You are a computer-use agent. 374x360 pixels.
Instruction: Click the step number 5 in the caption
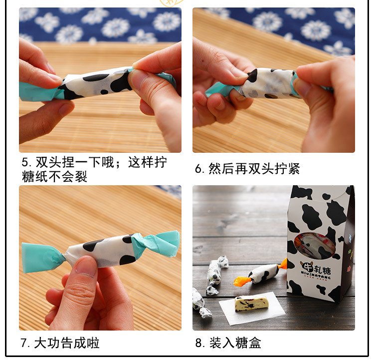tap(25, 162)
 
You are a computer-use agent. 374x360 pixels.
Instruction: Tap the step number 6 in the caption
tap(198, 169)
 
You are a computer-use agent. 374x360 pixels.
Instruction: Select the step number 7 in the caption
tap(24, 343)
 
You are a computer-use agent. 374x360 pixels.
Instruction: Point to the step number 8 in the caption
tap(198, 343)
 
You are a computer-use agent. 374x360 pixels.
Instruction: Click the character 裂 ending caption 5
tap(81, 177)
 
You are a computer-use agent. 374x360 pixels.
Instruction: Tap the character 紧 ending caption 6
tap(294, 169)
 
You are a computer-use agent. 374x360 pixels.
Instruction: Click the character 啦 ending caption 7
tap(93, 343)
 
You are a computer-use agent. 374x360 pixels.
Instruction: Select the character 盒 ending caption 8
tap(255, 343)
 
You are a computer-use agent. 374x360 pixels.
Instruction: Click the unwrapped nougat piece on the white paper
tap(252, 303)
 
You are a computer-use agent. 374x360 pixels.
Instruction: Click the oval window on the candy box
tap(315, 245)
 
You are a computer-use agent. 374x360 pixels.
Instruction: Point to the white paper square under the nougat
tap(252, 309)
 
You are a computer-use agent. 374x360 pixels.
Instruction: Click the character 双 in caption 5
tap(42, 162)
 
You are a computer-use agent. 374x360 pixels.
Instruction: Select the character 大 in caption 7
tap(40, 343)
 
